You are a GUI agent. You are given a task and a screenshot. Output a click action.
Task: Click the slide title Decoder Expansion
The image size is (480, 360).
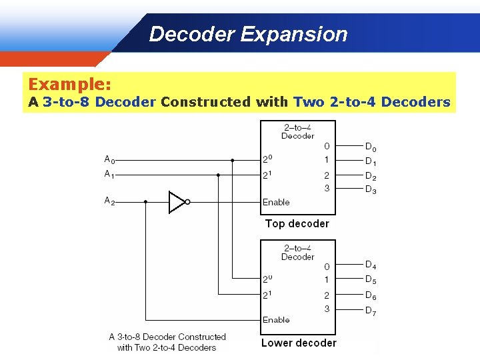[248, 34]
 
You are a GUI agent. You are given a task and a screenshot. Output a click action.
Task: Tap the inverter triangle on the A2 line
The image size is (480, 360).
[177, 202]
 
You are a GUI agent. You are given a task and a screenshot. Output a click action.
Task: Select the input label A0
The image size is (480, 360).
[109, 159]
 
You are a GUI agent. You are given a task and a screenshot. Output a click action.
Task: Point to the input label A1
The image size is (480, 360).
[109, 175]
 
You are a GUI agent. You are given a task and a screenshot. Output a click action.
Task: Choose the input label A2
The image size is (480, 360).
[109, 200]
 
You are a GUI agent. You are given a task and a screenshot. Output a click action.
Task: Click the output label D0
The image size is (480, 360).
[371, 147]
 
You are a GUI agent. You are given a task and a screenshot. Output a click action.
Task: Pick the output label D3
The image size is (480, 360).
[371, 189]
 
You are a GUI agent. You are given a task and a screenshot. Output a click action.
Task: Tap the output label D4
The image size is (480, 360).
[371, 265]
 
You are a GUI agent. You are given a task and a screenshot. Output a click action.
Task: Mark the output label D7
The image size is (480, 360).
[371, 311]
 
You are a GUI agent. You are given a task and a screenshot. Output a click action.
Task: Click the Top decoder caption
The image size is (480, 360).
[297, 224]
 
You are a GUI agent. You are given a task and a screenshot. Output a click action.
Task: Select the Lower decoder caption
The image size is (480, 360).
[299, 343]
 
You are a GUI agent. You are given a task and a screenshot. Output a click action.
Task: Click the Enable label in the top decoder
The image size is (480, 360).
[276, 202]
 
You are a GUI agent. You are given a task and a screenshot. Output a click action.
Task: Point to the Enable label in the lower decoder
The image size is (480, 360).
[276, 320]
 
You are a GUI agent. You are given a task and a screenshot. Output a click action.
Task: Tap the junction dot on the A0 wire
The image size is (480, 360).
[232, 160]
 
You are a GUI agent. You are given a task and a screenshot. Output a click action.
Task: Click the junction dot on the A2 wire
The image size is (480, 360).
[145, 201]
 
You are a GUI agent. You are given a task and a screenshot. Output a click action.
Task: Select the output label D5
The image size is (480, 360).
[371, 280]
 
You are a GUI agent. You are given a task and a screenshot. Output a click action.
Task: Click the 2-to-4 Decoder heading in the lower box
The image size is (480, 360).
[297, 253]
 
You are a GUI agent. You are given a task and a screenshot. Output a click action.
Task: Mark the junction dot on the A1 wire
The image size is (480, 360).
[218, 175]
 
